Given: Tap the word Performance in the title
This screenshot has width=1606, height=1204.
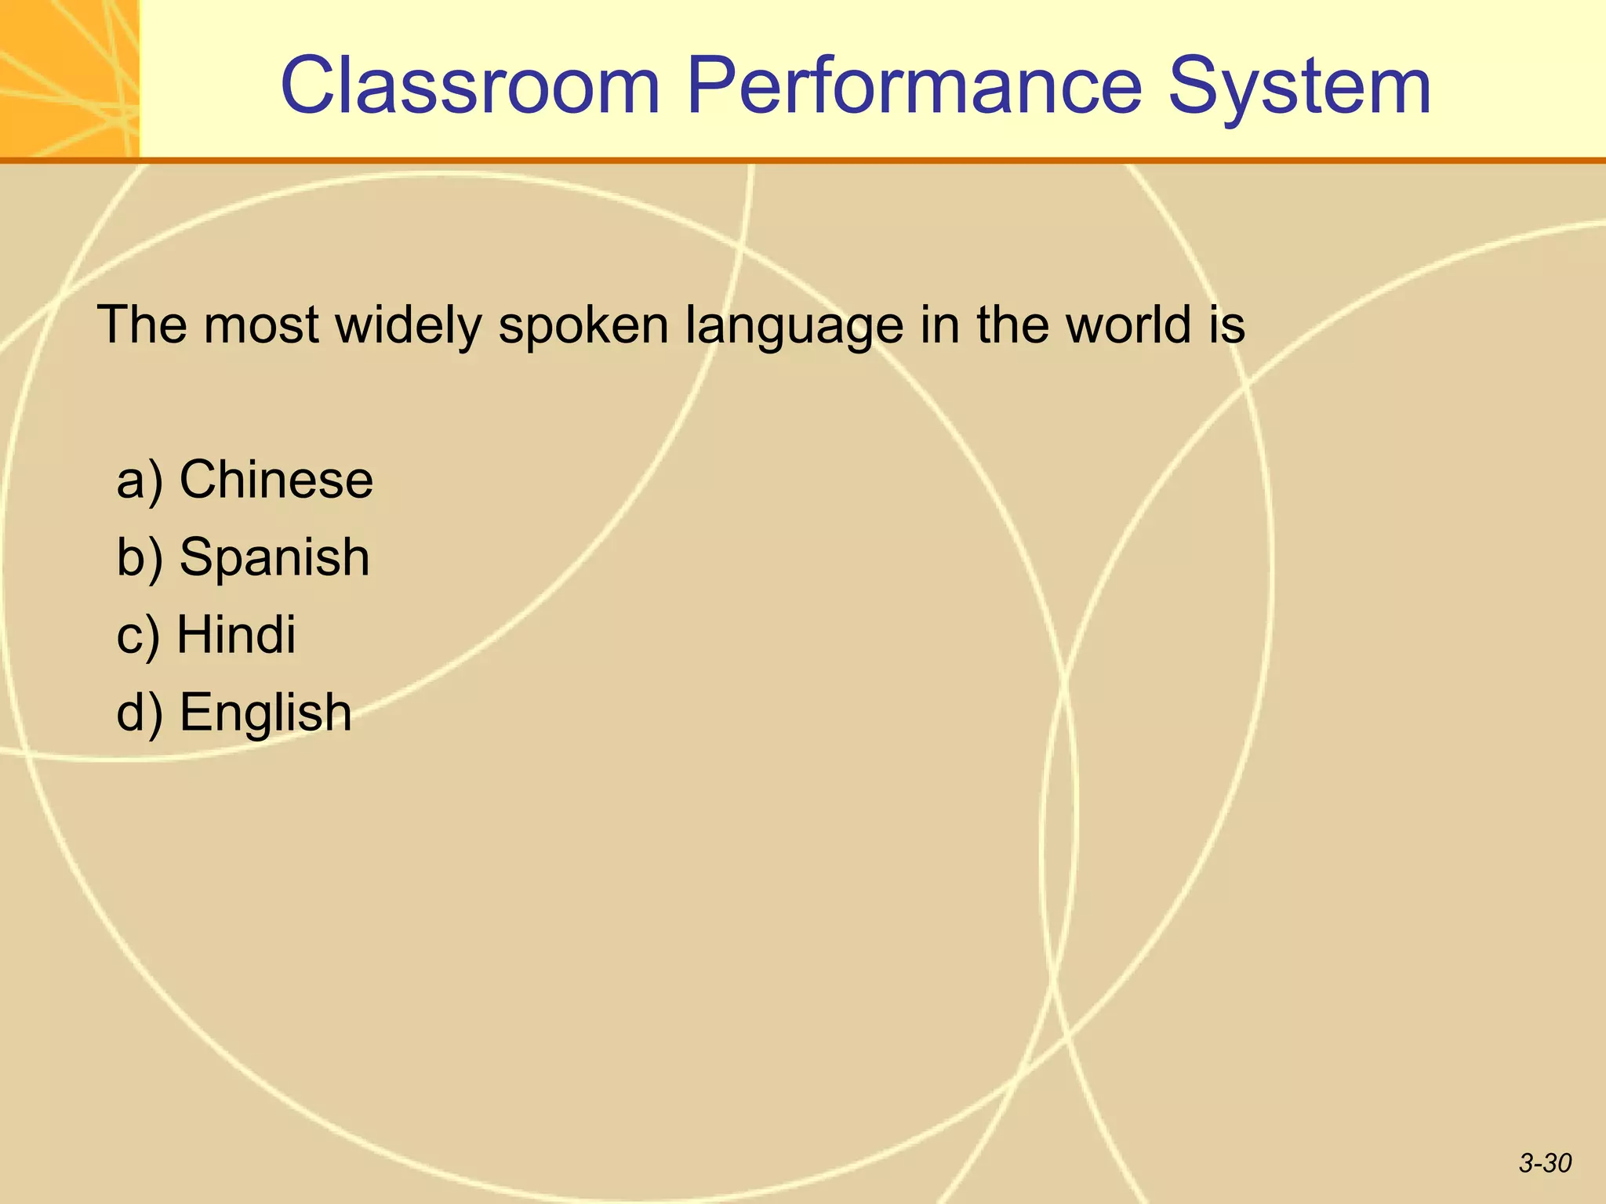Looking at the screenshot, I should [x=914, y=86].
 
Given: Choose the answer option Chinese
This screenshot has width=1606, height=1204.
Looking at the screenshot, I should [x=276, y=480].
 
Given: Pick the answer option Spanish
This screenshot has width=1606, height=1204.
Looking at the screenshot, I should [x=274, y=558].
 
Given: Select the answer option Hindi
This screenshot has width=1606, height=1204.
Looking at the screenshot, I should [x=236, y=634].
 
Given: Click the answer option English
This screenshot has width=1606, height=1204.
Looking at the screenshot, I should [x=266, y=713].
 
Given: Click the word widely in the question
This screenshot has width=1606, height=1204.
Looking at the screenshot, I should [x=409, y=325].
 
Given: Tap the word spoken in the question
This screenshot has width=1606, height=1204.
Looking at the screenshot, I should [x=583, y=326].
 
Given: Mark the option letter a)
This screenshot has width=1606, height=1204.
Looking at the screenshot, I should [x=140, y=481].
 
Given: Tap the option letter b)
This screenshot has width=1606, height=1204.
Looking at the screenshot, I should [x=140, y=558].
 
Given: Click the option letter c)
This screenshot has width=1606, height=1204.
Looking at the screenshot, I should [x=138, y=636].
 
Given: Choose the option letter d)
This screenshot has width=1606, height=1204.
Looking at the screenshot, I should [x=140, y=713].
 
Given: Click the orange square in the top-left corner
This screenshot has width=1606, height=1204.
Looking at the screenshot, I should [x=69, y=78].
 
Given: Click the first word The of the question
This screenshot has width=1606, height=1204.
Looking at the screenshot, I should [x=141, y=325].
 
